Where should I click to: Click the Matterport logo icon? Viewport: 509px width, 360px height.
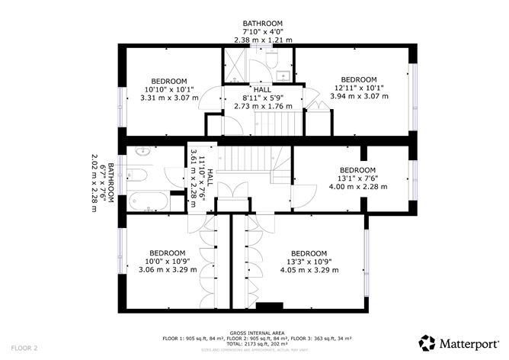[427, 342]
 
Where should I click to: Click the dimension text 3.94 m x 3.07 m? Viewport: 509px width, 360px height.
[358, 97]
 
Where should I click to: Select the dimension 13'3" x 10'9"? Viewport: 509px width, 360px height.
[308, 261]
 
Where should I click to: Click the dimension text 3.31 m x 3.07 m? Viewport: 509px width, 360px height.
[169, 98]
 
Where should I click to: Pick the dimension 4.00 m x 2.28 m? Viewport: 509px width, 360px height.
[357, 186]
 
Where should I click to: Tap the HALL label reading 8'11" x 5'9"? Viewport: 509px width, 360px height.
[266, 98]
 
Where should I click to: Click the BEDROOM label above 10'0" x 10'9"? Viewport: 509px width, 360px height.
[167, 252]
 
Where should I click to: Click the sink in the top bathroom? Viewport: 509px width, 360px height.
[282, 75]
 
